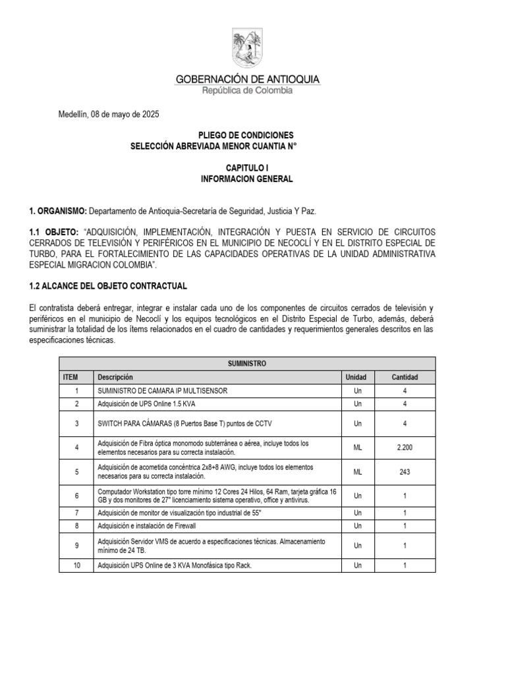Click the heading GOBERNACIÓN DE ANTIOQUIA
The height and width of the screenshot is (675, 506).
click(247, 79)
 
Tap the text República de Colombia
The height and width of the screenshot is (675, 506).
click(247, 91)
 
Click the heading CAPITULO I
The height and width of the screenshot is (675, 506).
click(246, 169)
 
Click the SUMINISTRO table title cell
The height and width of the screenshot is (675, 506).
click(247, 363)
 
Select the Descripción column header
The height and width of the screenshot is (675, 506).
click(115, 377)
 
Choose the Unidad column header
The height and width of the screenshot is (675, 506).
click(356, 377)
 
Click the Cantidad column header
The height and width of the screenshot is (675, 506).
click(405, 377)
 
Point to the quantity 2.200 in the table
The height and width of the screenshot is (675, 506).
click(405, 448)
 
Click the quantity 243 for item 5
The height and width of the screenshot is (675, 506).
click(405, 471)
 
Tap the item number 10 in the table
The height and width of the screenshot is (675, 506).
click(76, 566)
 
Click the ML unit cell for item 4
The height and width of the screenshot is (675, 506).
click(356, 448)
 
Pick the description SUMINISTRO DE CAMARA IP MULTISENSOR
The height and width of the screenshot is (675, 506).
click(162, 390)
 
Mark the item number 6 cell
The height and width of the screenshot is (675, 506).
click(76, 496)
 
